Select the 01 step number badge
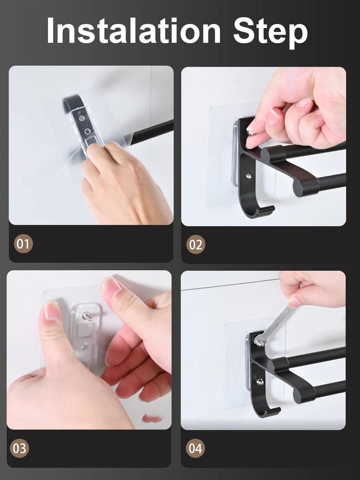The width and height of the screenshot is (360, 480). tap(23, 244)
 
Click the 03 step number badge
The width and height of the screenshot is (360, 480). tap(20, 448)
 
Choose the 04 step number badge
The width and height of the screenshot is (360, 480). tap(196, 448)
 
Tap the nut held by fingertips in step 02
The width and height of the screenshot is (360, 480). tap(250, 132)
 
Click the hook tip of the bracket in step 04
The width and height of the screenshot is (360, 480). tap(274, 410)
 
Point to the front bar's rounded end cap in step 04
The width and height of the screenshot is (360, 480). tap(304, 396)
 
